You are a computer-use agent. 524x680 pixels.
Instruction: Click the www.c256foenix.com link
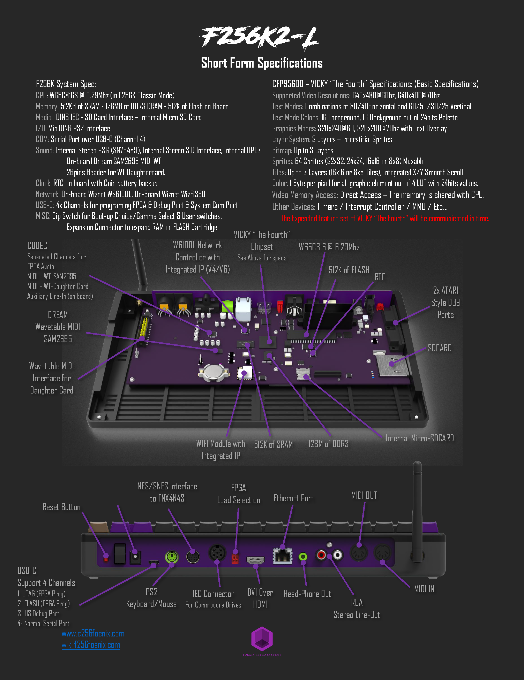click(93, 634)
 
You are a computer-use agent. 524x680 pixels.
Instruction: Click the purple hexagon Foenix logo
click(262, 639)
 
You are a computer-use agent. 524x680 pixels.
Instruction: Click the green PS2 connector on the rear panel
click(172, 557)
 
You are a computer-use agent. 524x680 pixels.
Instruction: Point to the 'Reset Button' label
click(61, 507)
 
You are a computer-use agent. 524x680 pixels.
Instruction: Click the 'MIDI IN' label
click(424, 589)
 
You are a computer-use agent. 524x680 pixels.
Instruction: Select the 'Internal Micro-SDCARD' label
click(420, 438)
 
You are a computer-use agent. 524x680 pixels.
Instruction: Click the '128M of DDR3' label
click(328, 444)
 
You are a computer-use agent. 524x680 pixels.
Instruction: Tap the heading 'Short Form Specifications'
click(262, 63)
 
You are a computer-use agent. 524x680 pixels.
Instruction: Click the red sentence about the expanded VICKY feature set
click(385, 218)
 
